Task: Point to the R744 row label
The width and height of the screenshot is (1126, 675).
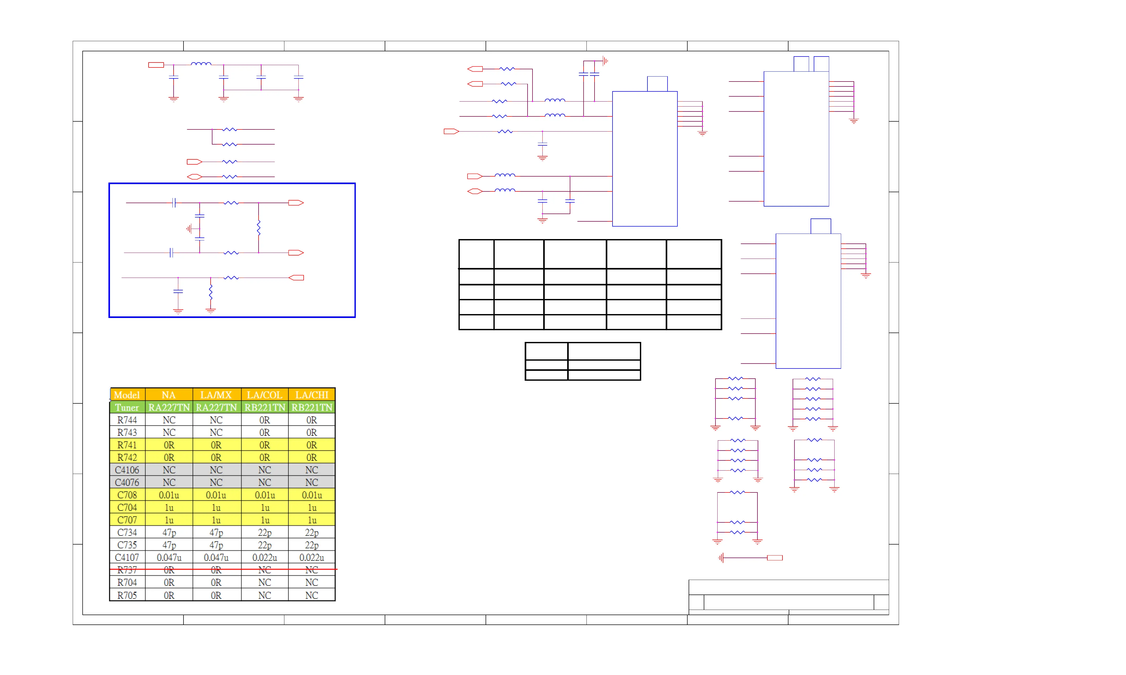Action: [x=127, y=420]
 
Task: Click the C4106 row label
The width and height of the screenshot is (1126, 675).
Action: [x=127, y=470]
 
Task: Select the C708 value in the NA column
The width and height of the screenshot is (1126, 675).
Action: [x=169, y=495]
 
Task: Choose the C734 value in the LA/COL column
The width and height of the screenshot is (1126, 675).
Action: [x=265, y=532]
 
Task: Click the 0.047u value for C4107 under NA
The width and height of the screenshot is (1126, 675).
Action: [x=169, y=557]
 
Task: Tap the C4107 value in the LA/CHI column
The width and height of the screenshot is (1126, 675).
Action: [x=312, y=557]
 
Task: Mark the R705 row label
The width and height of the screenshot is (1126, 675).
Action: [x=127, y=595]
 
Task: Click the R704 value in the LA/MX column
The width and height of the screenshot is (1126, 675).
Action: [x=216, y=582]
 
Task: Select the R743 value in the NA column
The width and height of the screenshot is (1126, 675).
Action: [x=169, y=432]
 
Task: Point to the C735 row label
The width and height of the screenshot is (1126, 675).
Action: [x=127, y=545]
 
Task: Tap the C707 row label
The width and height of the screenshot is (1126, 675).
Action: [x=127, y=520]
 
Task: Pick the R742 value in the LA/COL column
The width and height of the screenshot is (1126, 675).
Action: [x=265, y=457]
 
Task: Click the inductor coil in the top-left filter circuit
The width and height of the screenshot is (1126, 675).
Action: [x=201, y=64]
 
